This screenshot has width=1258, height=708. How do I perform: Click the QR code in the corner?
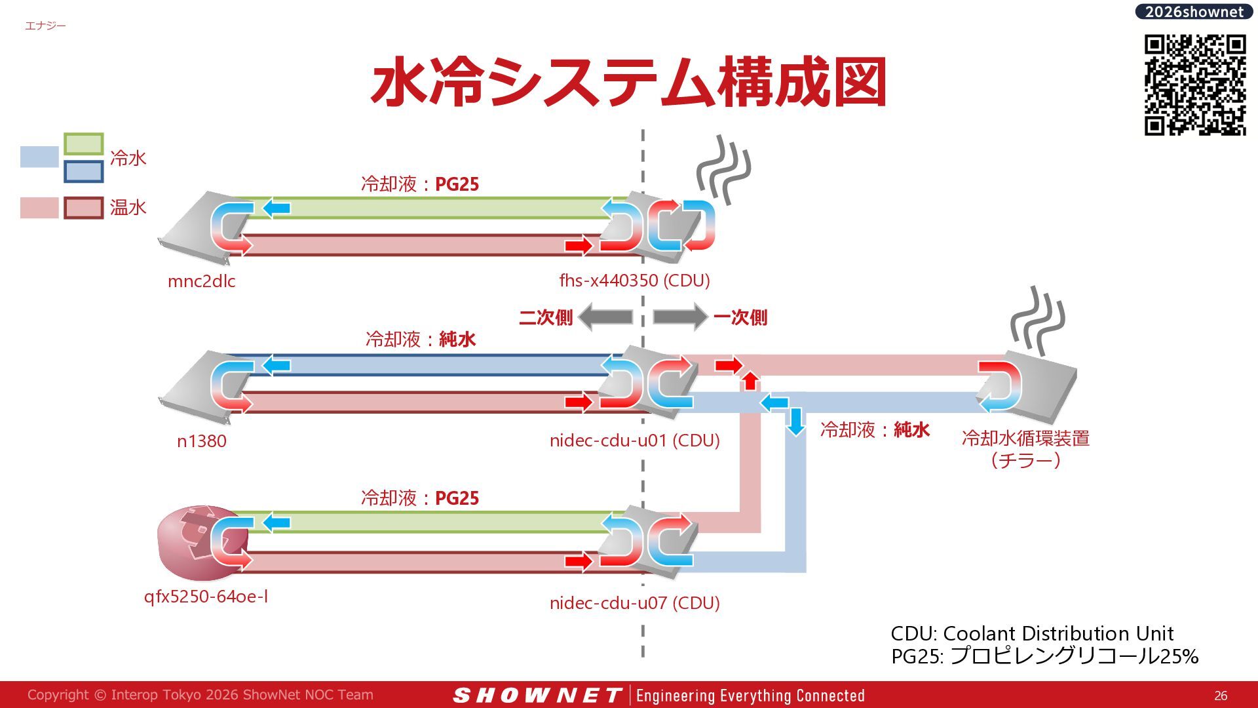pyautogui.click(x=1195, y=85)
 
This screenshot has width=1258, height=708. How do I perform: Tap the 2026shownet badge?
pyautogui.click(x=1194, y=12)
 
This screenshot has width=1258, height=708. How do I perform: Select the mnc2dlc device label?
pyautogui.click(x=201, y=281)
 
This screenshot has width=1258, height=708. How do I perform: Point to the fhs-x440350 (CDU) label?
pyautogui.click(x=634, y=281)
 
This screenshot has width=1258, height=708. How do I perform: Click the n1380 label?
pyautogui.click(x=202, y=441)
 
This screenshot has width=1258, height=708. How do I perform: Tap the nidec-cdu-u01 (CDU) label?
pyautogui.click(x=634, y=441)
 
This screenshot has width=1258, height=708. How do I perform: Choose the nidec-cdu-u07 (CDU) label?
pyautogui.click(x=634, y=603)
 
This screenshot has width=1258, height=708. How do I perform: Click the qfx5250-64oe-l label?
pyautogui.click(x=206, y=597)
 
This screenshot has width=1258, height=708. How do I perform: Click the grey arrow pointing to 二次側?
pyautogui.click(x=605, y=317)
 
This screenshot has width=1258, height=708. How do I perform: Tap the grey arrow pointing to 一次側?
pyautogui.click(x=680, y=317)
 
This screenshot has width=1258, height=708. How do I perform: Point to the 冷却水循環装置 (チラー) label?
pyautogui.click(x=1025, y=449)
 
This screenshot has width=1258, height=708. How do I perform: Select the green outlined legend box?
pyautogui.click(x=84, y=144)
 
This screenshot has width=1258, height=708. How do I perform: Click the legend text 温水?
pyautogui.click(x=128, y=208)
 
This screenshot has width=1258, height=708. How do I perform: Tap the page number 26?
pyautogui.click(x=1221, y=696)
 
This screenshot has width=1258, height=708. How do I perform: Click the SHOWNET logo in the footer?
pyautogui.click(x=537, y=696)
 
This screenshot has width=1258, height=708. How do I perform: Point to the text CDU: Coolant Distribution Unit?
pyautogui.click(x=1032, y=633)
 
